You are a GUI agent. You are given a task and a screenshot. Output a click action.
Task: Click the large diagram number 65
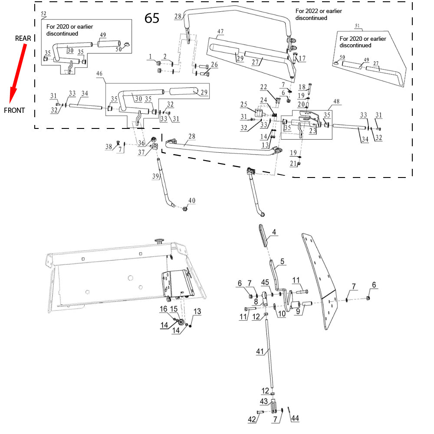click(152, 18)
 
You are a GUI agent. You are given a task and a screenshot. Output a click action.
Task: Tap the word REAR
click(23, 39)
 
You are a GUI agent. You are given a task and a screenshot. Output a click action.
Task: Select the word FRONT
click(14, 110)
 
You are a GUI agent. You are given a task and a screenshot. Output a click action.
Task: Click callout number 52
click(43, 14)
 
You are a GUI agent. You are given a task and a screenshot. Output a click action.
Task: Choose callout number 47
click(220, 31)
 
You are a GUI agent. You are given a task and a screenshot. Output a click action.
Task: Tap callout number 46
click(99, 75)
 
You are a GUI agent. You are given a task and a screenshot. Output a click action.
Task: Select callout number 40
click(192, 201)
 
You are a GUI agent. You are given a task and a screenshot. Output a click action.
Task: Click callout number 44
click(295, 418)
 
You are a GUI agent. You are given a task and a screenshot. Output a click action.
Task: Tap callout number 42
click(252, 420)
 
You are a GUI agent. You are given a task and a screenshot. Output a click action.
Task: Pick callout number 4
click(274, 232)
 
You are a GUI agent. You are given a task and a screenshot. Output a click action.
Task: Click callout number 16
click(163, 309)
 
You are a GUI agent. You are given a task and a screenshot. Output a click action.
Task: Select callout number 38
click(108, 147)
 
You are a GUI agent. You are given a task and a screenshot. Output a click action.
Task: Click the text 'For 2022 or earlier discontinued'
click(311, 14)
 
